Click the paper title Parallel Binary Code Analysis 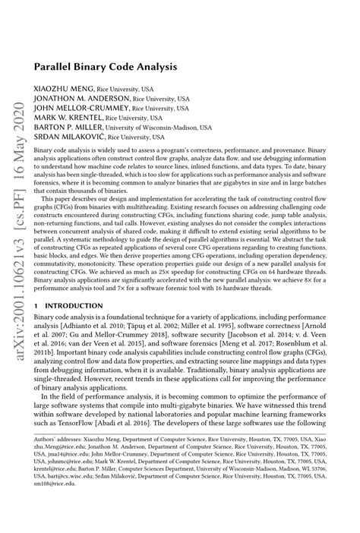coord(106,67)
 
